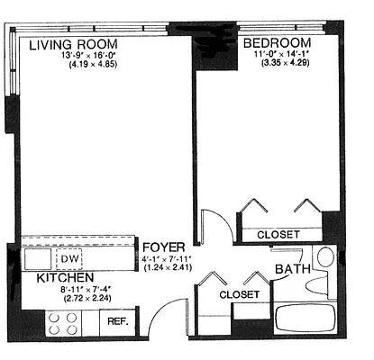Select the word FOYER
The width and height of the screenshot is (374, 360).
click(x=164, y=247)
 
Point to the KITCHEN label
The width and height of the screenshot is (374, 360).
click(x=65, y=279)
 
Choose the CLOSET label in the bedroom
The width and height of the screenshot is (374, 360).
click(x=278, y=235)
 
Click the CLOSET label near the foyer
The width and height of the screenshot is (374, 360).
click(x=240, y=294)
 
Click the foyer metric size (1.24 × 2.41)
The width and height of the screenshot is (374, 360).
click(x=166, y=267)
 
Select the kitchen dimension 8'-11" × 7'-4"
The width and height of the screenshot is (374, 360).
click(x=68, y=290)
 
